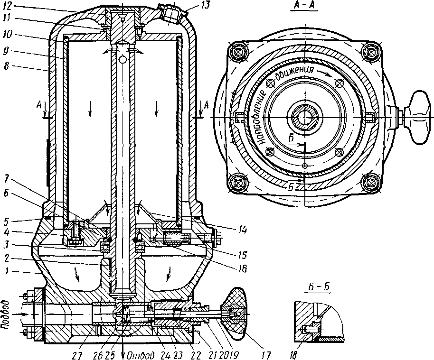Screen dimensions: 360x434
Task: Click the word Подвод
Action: click(x=5, y=313)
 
